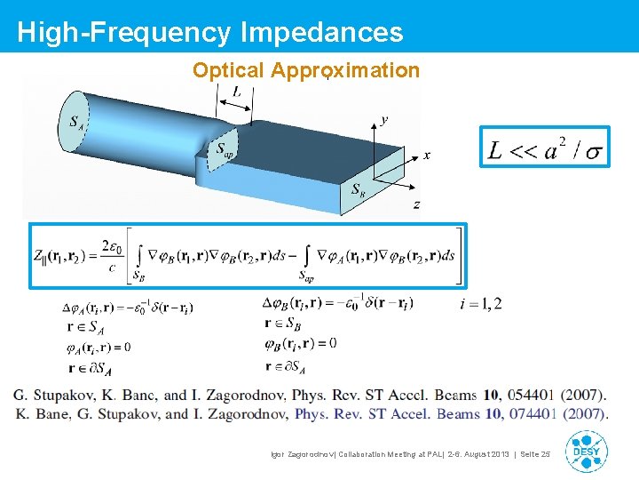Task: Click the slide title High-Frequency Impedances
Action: tap(209, 32)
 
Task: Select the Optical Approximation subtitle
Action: tap(306, 71)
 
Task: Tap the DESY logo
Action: tap(586, 451)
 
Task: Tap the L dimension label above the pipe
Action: tap(236, 92)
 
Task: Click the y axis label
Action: tap(383, 119)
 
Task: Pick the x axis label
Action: tap(426, 156)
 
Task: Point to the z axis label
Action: tap(416, 204)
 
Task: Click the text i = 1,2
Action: tap(481, 304)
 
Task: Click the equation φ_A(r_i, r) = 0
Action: tap(98, 347)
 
